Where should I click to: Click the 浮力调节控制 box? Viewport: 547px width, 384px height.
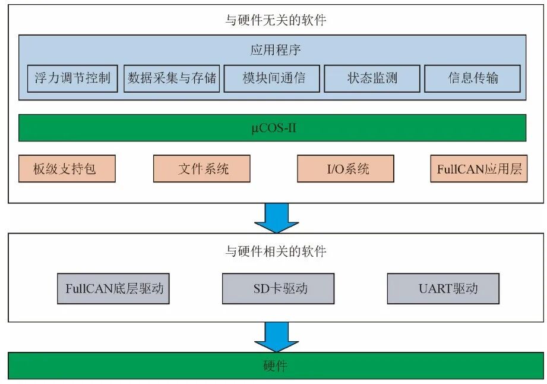click(72, 78)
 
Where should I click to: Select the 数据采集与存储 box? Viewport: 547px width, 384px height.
click(172, 78)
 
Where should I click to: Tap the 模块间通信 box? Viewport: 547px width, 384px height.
click(273, 78)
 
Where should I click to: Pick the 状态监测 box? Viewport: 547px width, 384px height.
click(372, 78)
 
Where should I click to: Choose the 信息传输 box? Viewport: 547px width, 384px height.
click(473, 78)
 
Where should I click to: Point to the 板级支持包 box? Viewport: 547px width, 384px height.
click(67, 169)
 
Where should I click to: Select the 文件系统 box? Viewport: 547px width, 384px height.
click(202, 169)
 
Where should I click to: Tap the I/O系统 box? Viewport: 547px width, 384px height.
click(346, 169)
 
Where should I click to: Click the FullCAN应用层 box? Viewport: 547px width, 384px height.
click(479, 169)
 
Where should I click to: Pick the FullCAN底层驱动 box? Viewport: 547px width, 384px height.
click(113, 289)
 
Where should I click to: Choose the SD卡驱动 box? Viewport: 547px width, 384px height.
click(277, 289)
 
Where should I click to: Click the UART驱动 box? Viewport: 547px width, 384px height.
click(443, 289)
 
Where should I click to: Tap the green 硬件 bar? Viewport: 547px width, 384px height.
click(275, 366)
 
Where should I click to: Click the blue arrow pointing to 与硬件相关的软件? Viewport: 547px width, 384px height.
click(276, 218)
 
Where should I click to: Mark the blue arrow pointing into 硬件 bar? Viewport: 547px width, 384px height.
click(276, 338)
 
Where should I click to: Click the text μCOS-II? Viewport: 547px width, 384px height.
click(272, 128)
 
